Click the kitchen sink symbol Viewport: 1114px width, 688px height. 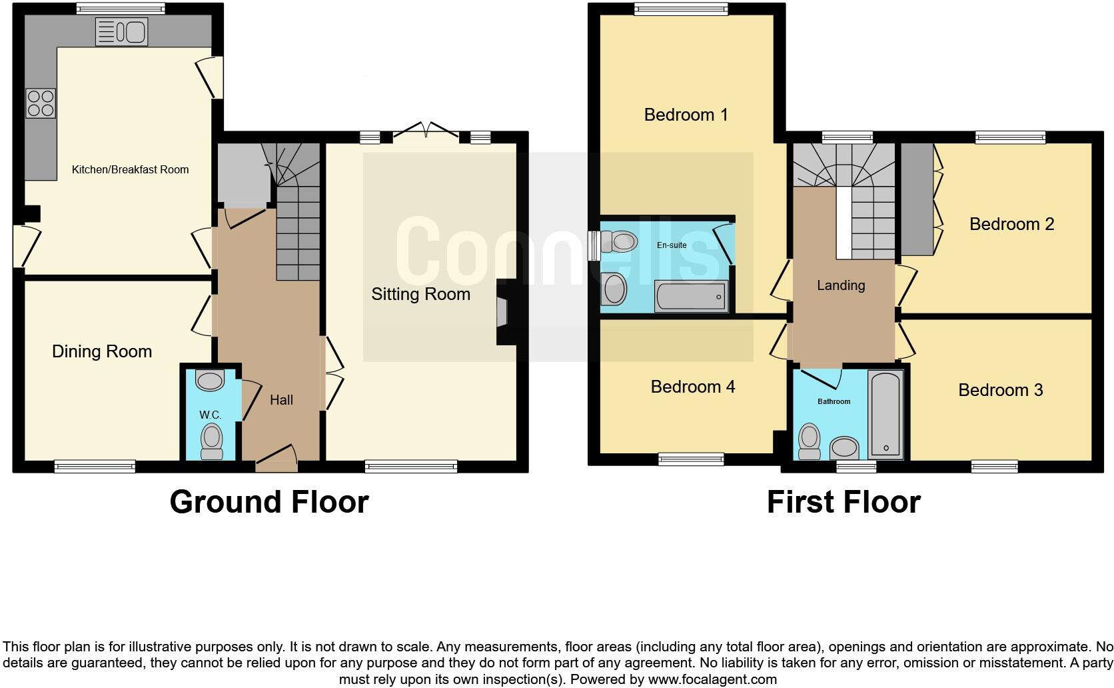[x=122, y=32]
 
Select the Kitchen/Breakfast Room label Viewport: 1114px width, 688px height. [x=130, y=169]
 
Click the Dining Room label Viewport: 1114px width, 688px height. [x=102, y=351]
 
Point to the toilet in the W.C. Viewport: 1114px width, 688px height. [x=212, y=442]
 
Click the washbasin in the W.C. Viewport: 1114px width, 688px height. [x=210, y=381]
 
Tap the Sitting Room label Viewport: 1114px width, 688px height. [x=420, y=294]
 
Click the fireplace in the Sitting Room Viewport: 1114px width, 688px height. [x=502, y=311]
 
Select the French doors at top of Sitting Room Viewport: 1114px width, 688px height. [x=426, y=131]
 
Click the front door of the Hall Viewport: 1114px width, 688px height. [x=277, y=459]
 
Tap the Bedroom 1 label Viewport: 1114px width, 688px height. [x=686, y=115]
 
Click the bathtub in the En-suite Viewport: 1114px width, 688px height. [x=691, y=297]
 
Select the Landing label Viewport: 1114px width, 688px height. [x=841, y=285]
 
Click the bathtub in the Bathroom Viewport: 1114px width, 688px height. [x=885, y=415]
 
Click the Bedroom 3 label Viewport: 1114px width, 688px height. [x=1000, y=390]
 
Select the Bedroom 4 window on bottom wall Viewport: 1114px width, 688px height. [x=691, y=458]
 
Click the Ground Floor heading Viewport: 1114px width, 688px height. [x=269, y=501]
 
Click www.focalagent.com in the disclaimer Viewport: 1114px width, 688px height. [x=712, y=679]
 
